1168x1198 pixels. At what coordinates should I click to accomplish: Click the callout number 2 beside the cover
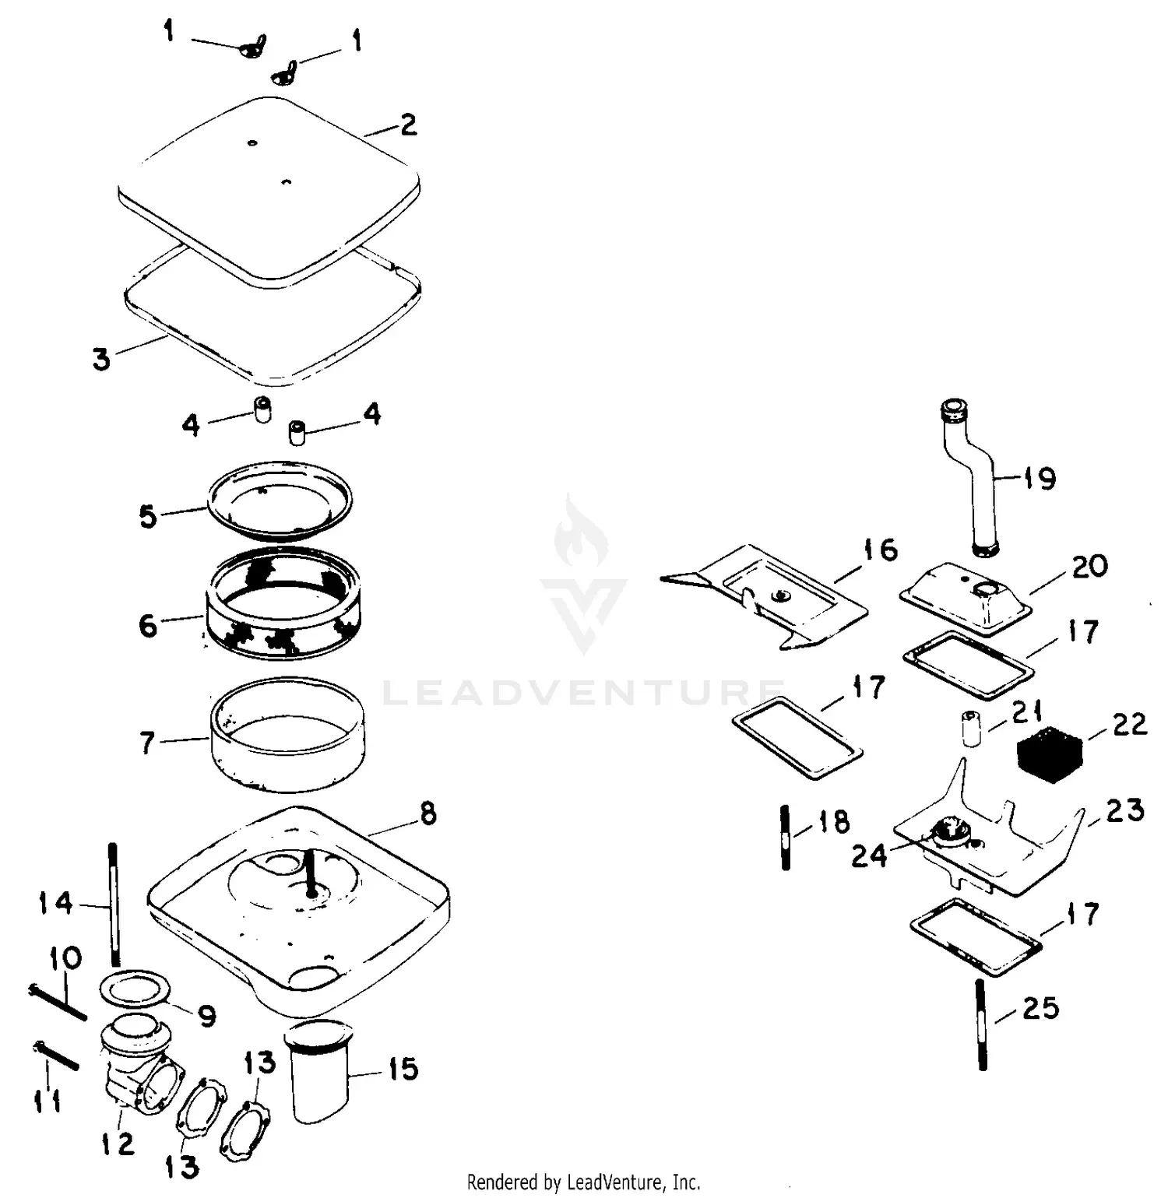pos(408,125)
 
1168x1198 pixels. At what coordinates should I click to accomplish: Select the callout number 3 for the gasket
pos(101,360)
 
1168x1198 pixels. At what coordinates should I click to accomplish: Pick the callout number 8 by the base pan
pos(427,813)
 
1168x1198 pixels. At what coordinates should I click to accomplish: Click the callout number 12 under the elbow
pos(118,1143)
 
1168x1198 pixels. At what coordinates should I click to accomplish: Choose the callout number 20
pos(1089,566)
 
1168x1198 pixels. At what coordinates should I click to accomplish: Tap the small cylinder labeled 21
pos(971,728)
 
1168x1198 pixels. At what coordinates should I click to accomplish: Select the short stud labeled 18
pos(785,838)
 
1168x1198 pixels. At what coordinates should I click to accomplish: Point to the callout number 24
pos(868,855)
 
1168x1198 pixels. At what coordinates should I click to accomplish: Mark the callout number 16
pos(881,550)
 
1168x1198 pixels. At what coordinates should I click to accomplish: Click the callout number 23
pos(1125,810)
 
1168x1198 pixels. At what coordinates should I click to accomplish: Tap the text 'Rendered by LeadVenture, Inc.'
pos(583,1182)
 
